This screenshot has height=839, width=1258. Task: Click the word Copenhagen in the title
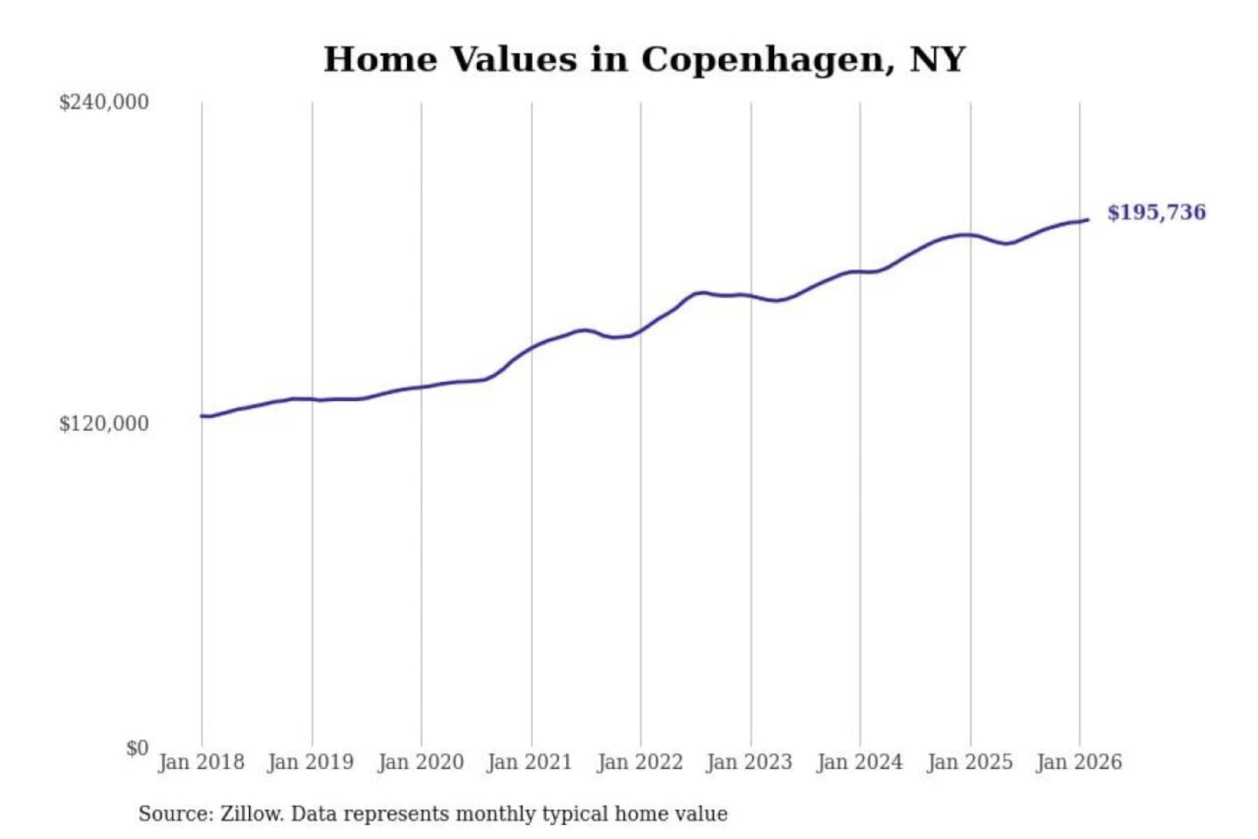coord(766,59)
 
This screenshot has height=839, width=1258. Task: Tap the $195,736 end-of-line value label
coord(1156,212)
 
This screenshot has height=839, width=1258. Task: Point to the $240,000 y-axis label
coord(103,102)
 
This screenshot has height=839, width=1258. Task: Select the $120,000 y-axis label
coord(103,424)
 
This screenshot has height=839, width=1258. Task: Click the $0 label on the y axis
coord(137,748)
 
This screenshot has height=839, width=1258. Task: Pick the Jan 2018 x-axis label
coord(201,762)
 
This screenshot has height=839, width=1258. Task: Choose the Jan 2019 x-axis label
coord(310,762)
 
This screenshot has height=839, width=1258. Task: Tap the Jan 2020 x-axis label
coord(420,762)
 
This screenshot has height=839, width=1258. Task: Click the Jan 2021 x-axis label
coord(529,762)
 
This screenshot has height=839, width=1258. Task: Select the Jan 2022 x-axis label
coord(639,762)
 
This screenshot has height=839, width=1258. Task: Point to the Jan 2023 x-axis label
coord(749,762)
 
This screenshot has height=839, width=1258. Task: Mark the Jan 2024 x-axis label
coord(859,762)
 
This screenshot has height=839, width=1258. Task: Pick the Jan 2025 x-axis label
coord(969,762)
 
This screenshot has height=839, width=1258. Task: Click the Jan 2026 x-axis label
coord(1078,762)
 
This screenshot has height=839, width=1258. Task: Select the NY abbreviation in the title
coord(937,59)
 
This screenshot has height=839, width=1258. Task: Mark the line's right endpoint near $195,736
coord(1088,219)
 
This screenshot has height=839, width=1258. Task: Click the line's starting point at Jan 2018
coord(202,415)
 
